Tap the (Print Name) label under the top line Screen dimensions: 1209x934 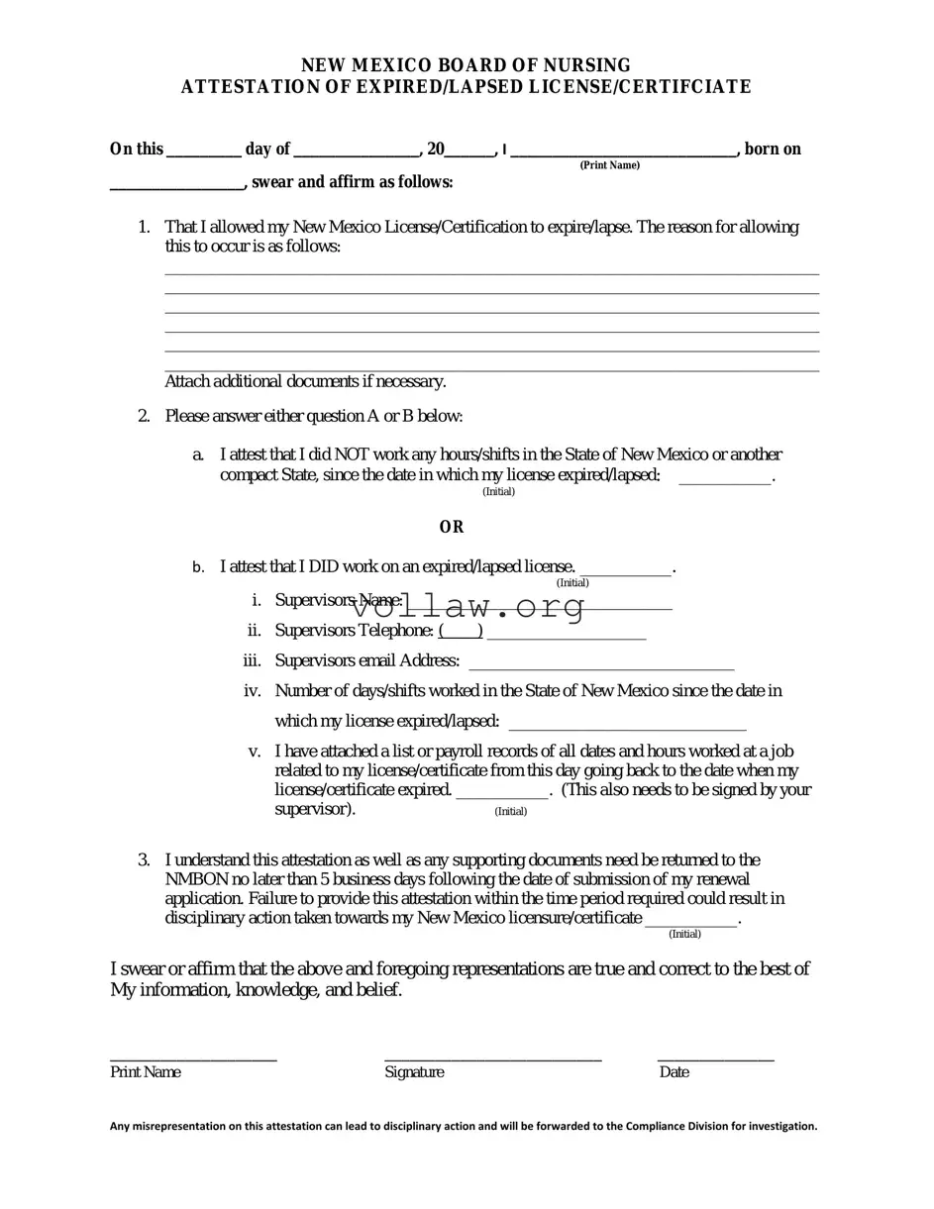609,164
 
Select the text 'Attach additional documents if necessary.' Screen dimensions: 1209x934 305,381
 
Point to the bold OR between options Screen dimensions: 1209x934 452,527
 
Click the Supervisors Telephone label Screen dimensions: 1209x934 354,631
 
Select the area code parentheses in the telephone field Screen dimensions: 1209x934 461,631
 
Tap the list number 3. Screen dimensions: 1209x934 145,859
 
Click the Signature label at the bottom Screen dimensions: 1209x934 414,1072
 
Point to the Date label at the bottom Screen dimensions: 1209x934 674,1072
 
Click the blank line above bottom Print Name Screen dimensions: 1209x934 193,1058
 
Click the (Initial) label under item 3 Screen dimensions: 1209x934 684,934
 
